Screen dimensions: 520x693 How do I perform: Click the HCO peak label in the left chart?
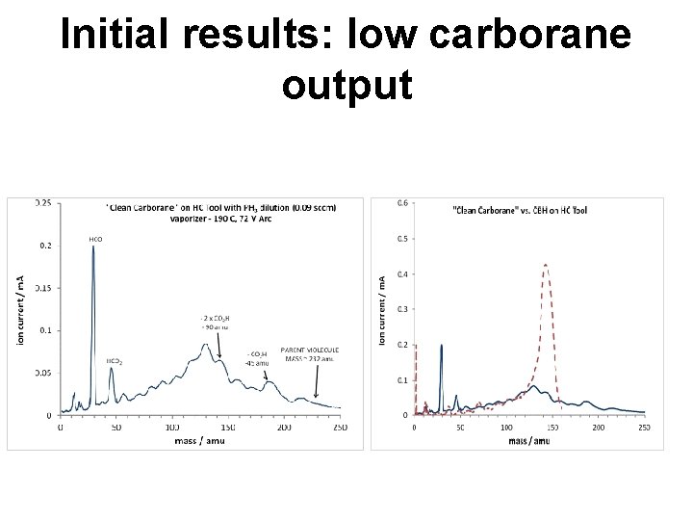click(x=95, y=238)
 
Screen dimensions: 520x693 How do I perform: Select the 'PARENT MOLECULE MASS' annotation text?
click(x=310, y=353)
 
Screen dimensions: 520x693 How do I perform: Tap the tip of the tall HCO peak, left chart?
click(x=93, y=247)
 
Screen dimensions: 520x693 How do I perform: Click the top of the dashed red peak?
click(x=546, y=264)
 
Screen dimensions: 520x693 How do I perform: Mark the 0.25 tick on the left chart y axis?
click(x=44, y=203)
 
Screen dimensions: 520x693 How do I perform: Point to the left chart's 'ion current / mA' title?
click(x=20, y=308)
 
